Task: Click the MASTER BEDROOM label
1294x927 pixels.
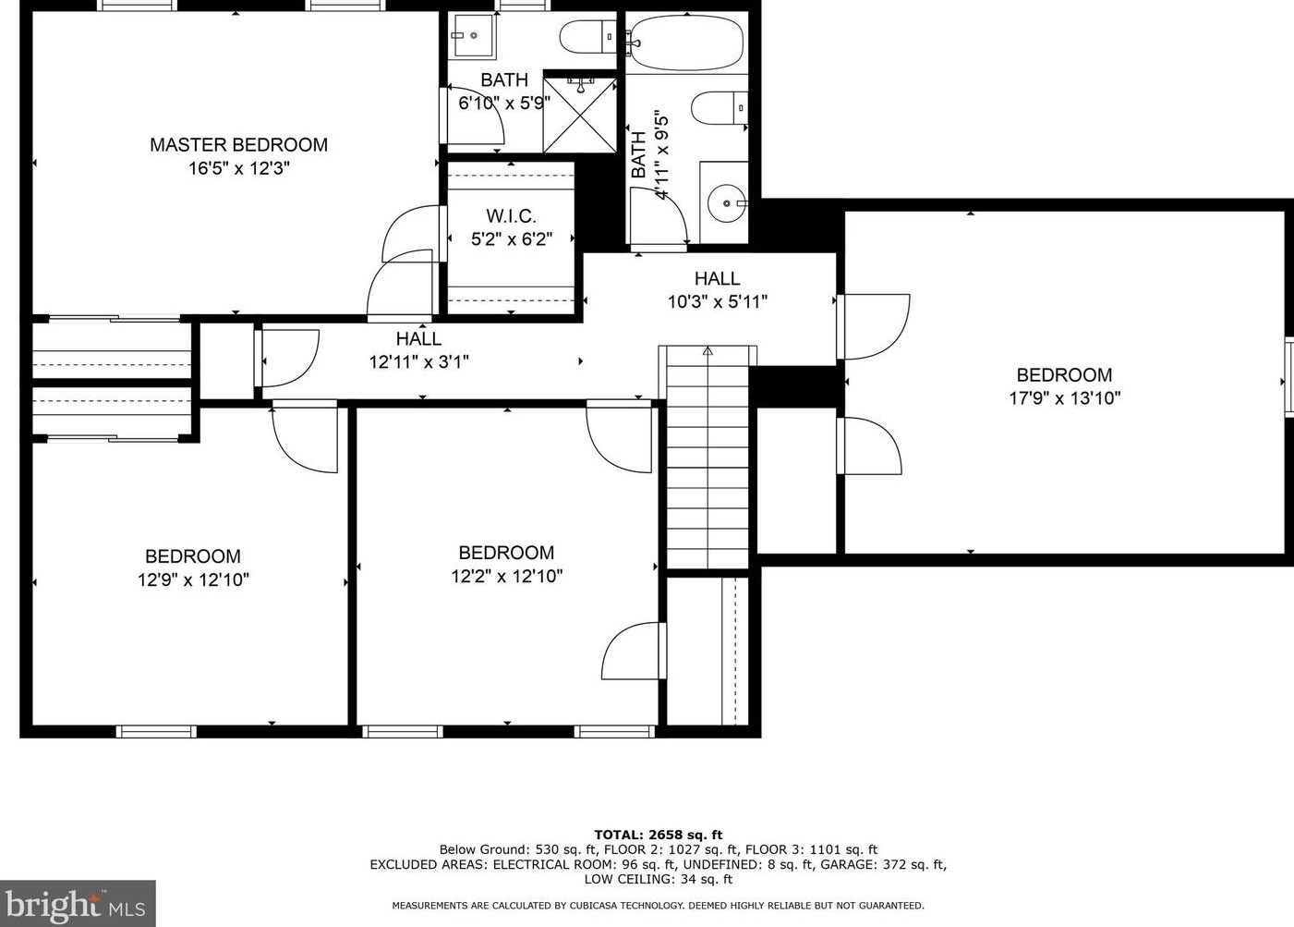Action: [238, 144]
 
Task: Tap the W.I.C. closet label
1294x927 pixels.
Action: [512, 216]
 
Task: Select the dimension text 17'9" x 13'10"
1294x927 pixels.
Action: [1065, 398]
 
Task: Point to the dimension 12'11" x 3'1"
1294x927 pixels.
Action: [418, 362]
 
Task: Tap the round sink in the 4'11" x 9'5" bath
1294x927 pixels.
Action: [727, 203]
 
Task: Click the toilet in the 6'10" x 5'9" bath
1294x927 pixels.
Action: [587, 36]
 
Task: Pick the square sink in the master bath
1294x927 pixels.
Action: [473, 36]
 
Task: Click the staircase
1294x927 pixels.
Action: [707, 457]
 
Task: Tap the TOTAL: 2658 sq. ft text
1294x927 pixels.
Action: [659, 835]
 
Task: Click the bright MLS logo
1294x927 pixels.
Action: [78, 903]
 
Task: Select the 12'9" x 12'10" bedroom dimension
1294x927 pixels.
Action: [194, 579]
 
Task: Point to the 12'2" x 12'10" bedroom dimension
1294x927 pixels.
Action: [507, 576]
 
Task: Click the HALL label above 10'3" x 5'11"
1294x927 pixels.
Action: [717, 278]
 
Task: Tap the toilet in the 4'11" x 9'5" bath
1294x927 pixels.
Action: [720, 108]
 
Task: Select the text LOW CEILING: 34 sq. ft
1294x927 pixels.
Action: [659, 880]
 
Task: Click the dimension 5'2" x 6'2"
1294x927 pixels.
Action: [512, 239]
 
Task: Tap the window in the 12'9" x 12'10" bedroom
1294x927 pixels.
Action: [156, 732]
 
